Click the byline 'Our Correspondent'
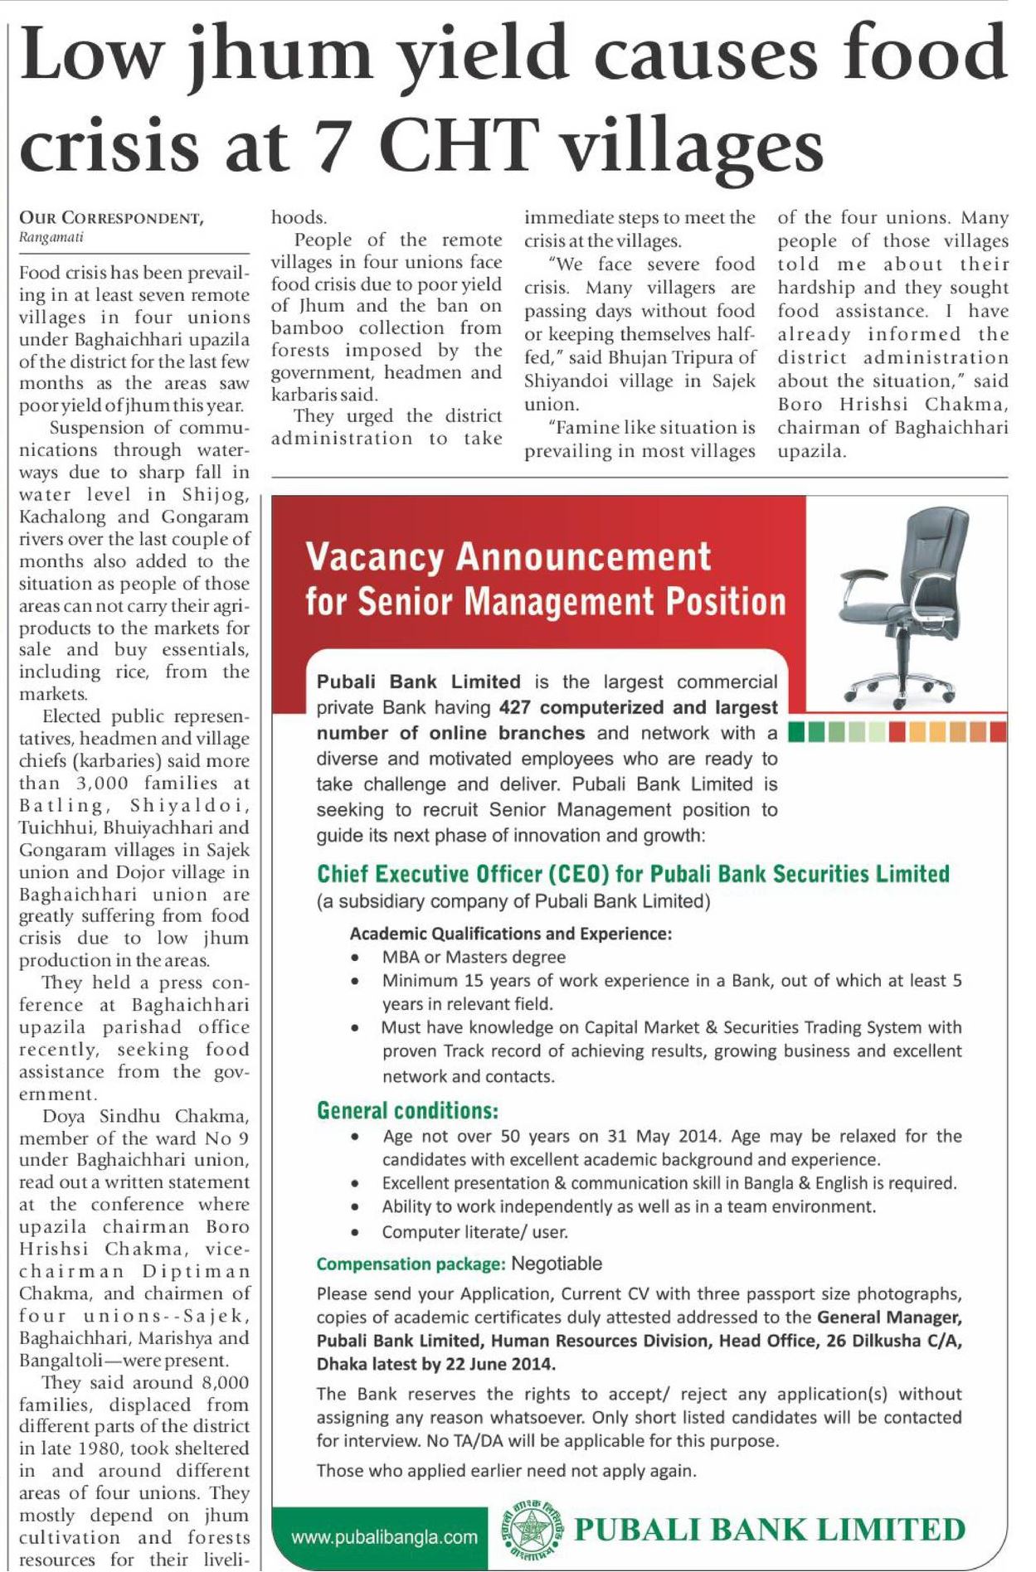click(111, 218)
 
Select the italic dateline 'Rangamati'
click(51, 238)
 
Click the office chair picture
click(902, 602)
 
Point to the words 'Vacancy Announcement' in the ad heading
click(508, 557)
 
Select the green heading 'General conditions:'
click(407, 1111)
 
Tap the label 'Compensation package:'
click(411, 1264)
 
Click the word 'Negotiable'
click(557, 1264)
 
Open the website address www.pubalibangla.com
click(384, 1538)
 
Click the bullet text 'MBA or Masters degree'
click(474, 957)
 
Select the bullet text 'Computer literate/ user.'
click(474, 1232)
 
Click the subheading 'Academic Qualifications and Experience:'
click(510, 934)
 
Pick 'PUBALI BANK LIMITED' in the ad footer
click(769, 1531)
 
